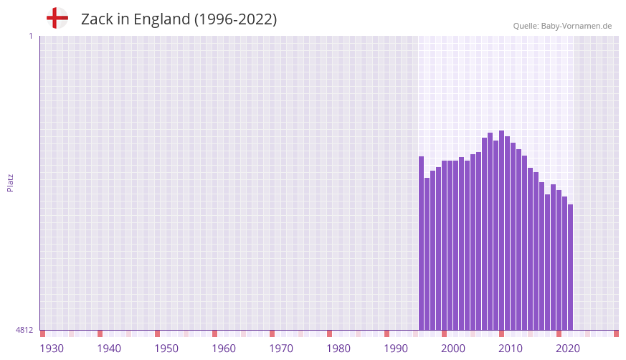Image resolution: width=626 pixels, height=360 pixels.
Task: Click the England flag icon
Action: click(57, 19)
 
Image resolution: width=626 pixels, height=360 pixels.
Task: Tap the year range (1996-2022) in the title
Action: click(235, 19)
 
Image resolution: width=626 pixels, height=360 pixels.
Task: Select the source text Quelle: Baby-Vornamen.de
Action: click(562, 26)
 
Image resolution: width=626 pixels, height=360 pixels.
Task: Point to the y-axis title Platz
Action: click(10, 182)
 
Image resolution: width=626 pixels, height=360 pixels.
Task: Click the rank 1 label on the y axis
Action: click(30, 36)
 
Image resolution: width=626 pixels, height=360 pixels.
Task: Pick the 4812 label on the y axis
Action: click(24, 331)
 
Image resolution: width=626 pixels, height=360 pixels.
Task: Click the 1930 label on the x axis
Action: click(52, 349)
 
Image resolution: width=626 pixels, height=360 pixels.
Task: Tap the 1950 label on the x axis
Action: click(166, 349)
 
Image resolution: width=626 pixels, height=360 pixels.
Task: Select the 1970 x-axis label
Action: click(281, 349)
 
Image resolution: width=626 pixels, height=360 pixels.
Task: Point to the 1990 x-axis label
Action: click(396, 349)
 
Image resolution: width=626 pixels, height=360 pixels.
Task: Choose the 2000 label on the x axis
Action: click(453, 349)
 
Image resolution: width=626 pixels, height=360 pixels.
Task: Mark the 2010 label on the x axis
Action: click(511, 349)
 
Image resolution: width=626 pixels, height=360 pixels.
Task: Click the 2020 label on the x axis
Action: click(568, 349)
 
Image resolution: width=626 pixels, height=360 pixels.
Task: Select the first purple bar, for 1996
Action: click(422, 244)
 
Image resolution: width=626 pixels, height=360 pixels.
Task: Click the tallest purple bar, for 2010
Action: click(502, 229)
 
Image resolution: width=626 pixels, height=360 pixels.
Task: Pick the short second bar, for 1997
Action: click(427, 254)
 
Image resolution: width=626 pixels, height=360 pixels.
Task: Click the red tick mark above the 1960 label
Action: click(214, 333)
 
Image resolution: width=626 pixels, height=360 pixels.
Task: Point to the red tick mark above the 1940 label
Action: click(100, 333)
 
